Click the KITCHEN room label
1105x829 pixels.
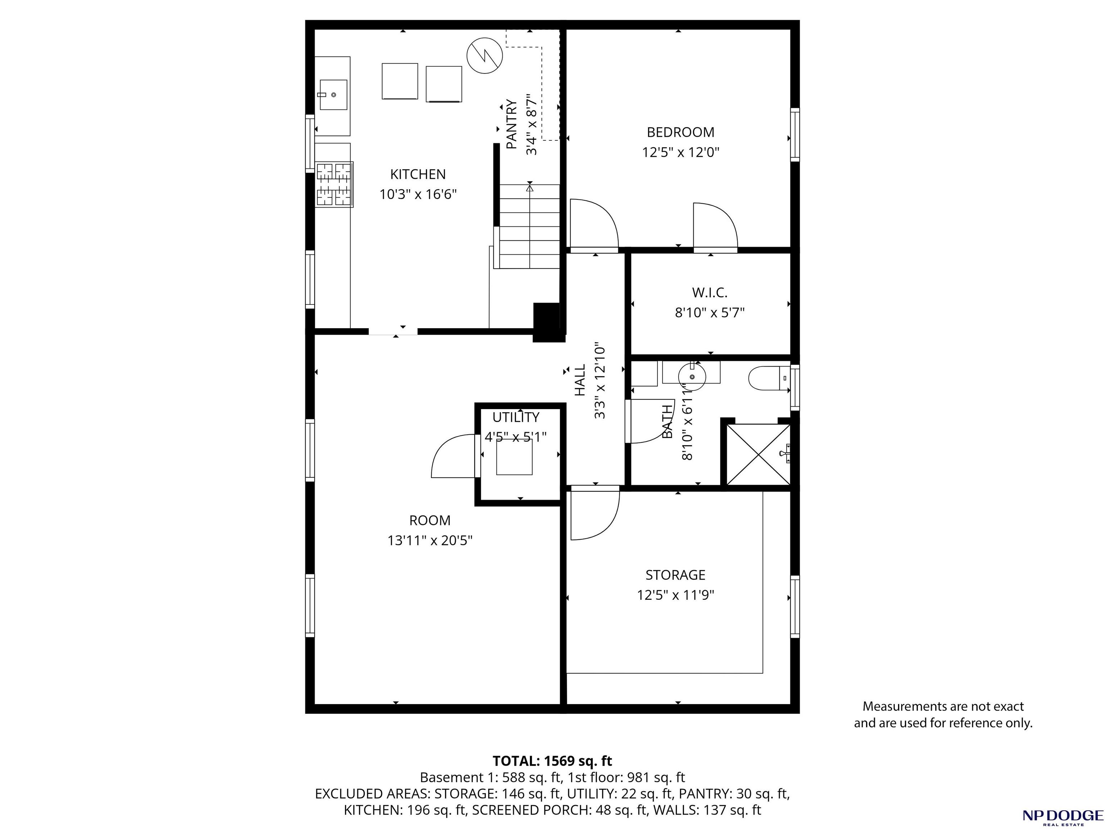(x=418, y=174)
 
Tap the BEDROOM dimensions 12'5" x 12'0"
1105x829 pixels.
(x=680, y=152)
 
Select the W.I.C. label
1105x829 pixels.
(x=709, y=293)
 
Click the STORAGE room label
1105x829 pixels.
(x=675, y=575)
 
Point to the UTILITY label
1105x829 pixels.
(x=516, y=417)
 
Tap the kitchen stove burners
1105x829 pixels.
(x=334, y=184)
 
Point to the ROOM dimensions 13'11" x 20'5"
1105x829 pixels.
(x=430, y=540)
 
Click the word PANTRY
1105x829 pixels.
(x=512, y=124)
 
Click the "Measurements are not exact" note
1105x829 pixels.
(x=943, y=707)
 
